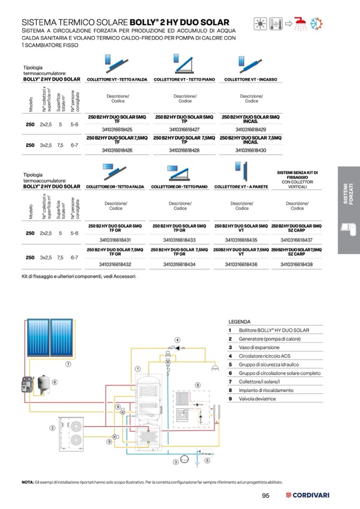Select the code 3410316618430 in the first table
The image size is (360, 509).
tap(251, 150)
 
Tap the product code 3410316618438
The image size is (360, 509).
tap(296, 264)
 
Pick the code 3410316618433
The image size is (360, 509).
tap(179, 239)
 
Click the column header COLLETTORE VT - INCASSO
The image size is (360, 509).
tap(251, 80)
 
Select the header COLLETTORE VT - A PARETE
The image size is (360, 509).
tap(241, 187)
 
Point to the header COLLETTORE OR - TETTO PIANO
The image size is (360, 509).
tap(179, 187)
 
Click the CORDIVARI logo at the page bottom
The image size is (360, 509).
tap(308, 495)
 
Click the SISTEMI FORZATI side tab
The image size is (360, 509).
tap(348, 194)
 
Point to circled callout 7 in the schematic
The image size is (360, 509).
tap(68, 364)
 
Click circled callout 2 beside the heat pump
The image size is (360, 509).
tap(53, 428)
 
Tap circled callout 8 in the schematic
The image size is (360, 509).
tap(198, 385)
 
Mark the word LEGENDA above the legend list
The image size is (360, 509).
tap(239, 322)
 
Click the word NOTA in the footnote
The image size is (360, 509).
tap(27, 482)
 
